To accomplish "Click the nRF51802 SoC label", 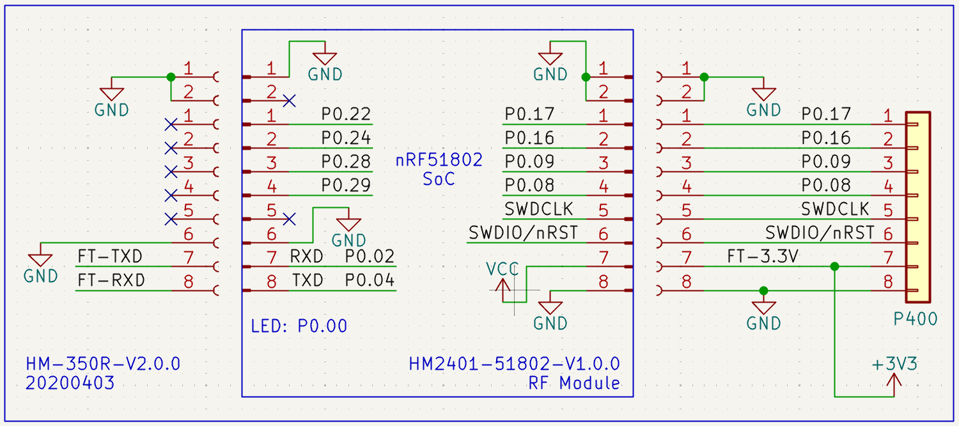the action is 439,169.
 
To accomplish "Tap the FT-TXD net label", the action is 109,256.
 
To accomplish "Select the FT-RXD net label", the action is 111,280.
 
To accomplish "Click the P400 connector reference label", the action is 916,319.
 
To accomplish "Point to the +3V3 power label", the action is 895,364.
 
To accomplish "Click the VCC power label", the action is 502,269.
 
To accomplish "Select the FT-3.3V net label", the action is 763,256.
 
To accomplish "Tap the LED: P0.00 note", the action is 299,326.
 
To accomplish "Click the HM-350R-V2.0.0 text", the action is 103,364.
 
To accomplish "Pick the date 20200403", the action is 70,383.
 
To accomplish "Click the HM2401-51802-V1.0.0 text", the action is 515,364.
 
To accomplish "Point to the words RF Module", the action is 575,383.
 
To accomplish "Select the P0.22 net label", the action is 346,114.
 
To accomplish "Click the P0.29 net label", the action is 346,185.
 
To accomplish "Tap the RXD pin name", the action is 306,256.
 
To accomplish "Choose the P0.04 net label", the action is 370,280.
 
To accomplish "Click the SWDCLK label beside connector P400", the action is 835,209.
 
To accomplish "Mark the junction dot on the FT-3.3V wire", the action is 834,267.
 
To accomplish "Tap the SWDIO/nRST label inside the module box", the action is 523,233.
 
